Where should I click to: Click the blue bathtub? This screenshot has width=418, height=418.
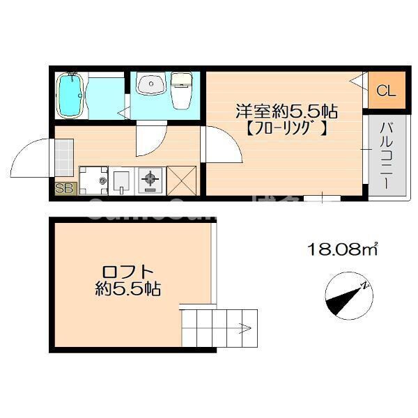[70, 96]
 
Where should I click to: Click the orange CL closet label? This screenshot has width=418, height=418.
[385, 91]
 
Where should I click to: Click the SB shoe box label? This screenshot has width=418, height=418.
[64, 187]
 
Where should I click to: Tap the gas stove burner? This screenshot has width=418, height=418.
[149, 181]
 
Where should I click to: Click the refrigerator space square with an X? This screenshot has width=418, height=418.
[180, 180]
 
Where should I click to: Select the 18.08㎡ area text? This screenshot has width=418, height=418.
[342, 248]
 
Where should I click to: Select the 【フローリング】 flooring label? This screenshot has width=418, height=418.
[286, 130]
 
